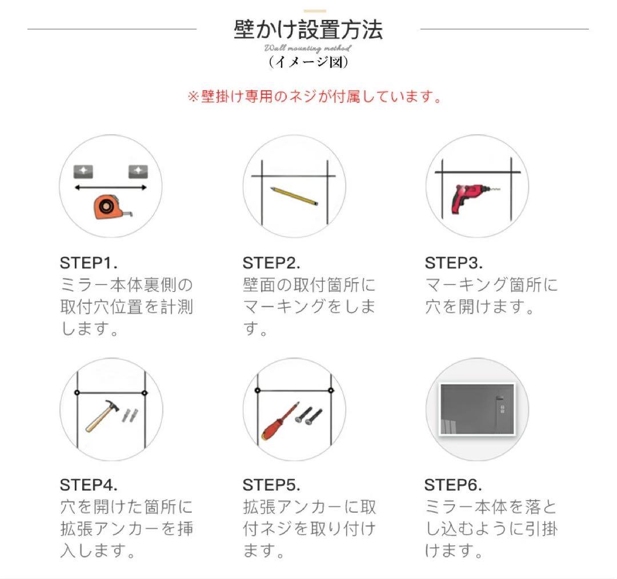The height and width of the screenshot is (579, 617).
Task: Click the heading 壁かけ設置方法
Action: tap(308, 30)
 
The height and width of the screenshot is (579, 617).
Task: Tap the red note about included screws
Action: tap(315, 96)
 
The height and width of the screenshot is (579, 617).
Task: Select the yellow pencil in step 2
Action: tap(294, 195)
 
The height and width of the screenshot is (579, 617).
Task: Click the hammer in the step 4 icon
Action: tap(102, 416)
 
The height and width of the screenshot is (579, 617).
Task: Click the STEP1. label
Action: tap(89, 263)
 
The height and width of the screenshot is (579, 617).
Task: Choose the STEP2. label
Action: tap(271, 263)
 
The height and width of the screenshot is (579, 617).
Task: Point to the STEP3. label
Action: tap(454, 263)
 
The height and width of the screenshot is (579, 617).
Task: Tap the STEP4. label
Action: tap(89, 485)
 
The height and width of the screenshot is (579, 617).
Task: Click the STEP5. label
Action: tap(271, 485)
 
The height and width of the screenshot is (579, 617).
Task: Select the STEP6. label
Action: tap(453, 485)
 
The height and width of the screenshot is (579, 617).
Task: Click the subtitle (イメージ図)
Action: tap(308, 62)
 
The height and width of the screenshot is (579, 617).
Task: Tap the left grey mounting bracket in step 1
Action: tap(83, 171)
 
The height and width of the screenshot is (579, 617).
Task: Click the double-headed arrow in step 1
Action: tap(111, 187)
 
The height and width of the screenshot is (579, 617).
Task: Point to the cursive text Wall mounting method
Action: tap(308, 49)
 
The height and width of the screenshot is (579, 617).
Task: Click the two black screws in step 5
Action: tap(309, 415)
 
